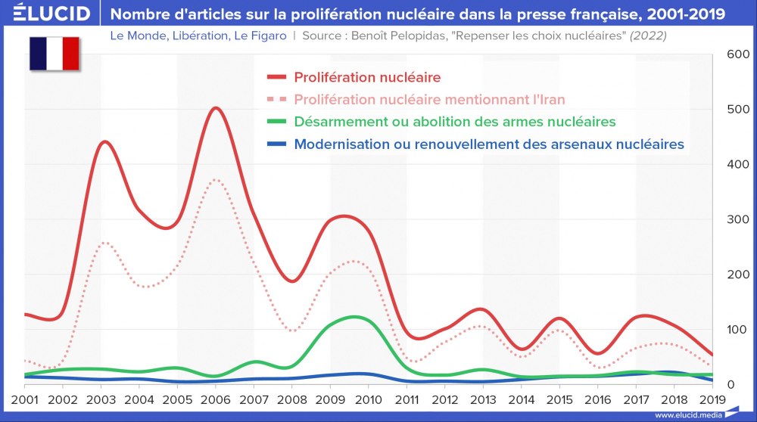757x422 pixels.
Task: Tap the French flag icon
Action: pyautogui.click(x=55, y=54)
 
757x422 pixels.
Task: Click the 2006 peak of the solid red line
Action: pyautogui.click(x=216, y=108)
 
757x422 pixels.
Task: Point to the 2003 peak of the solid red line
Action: pyautogui.click(x=105, y=142)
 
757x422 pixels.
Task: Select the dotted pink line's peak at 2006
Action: pyautogui.click(x=216, y=180)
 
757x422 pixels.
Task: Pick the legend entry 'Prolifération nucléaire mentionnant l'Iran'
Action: pyautogui.click(x=429, y=99)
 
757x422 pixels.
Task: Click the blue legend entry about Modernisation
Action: pyautogui.click(x=489, y=144)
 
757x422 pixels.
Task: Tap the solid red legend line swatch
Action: pyautogui.click(x=277, y=77)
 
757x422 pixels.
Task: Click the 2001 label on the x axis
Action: pyautogui.click(x=24, y=399)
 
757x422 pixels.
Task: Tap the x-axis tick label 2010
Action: pyautogui.click(x=368, y=399)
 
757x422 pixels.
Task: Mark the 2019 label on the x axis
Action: pyautogui.click(x=711, y=399)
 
